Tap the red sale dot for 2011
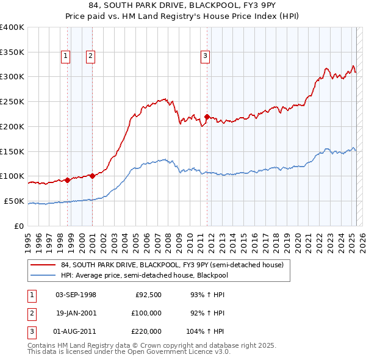pos(207,117)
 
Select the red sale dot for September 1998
pos(67,180)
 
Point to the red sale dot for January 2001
pos(93,176)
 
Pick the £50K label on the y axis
pos(14,201)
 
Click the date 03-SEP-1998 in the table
pos(76,295)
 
